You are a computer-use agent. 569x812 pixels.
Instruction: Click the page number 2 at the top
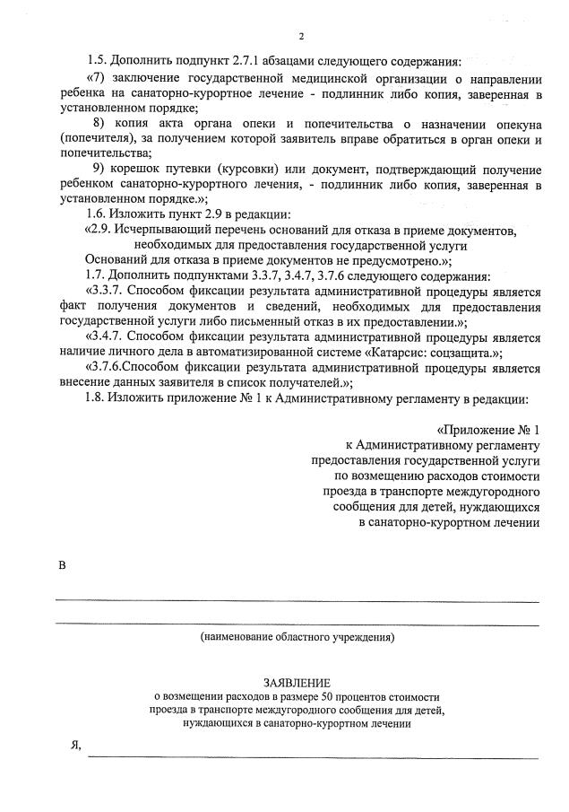pos(302,36)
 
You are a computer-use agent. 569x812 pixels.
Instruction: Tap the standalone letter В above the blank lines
pos(63,565)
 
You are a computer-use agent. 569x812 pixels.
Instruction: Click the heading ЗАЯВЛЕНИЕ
pos(297,682)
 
